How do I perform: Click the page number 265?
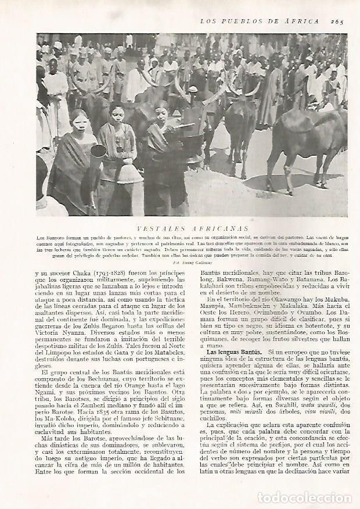point(338,21)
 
